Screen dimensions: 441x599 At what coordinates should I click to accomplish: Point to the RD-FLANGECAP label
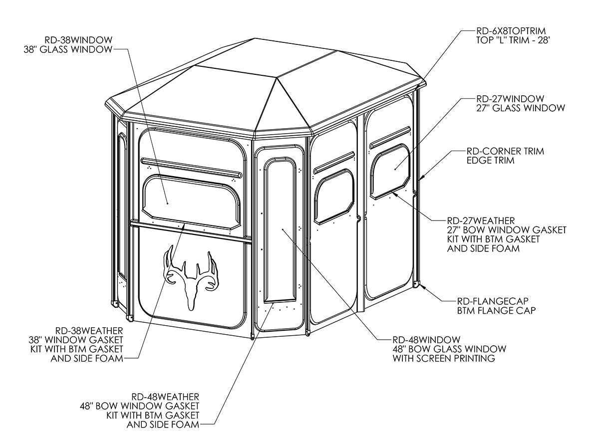493,300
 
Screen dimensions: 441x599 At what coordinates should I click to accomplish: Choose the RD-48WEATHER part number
166,396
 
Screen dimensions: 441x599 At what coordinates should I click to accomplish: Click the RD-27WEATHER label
481,220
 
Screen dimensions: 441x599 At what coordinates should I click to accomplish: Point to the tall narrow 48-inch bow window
280,229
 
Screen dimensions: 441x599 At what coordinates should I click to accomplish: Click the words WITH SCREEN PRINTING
444,358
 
